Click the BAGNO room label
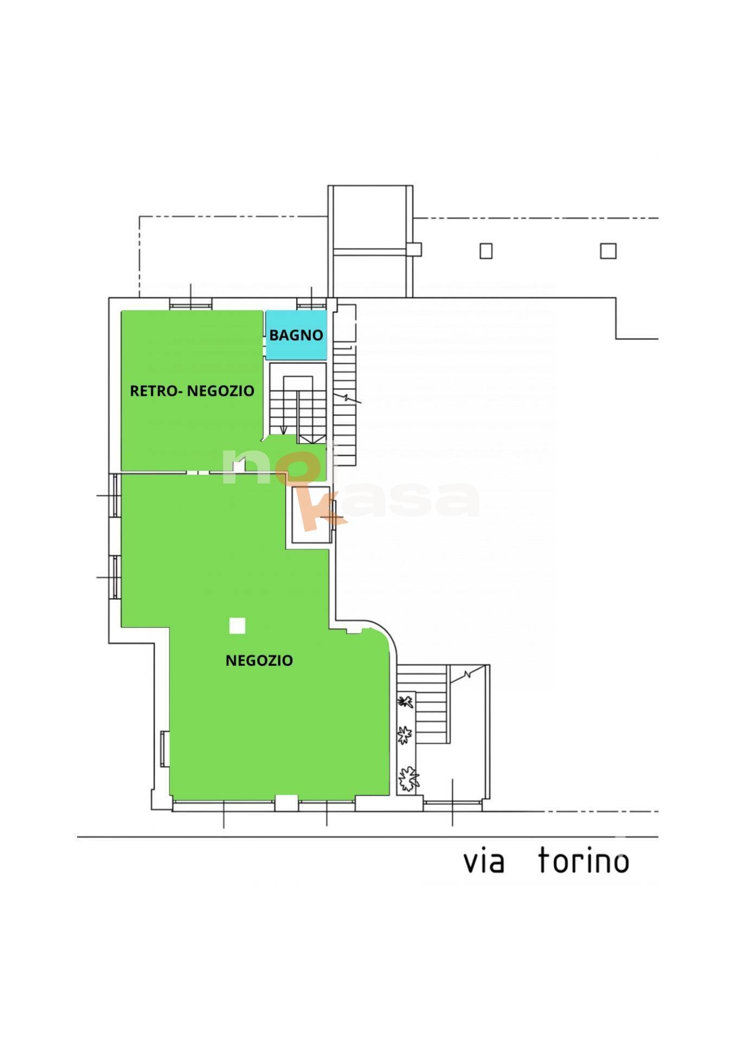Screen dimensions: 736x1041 click(296, 335)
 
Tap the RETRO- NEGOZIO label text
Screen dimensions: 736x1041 click(192, 391)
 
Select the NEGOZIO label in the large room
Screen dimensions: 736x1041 click(259, 660)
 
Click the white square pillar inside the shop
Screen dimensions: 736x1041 click(237, 626)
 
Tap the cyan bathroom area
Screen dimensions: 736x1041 click(296, 335)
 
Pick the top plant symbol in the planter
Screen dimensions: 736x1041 click(404, 702)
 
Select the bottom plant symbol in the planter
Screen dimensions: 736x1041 click(408, 779)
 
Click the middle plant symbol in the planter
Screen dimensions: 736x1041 click(405, 736)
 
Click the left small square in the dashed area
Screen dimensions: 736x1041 click(486, 251)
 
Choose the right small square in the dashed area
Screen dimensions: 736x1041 click(608, 251)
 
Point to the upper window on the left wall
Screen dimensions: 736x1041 click(115, 496)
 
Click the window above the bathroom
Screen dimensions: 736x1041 click(312, 304)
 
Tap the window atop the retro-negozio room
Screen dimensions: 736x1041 click(190, 304)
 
